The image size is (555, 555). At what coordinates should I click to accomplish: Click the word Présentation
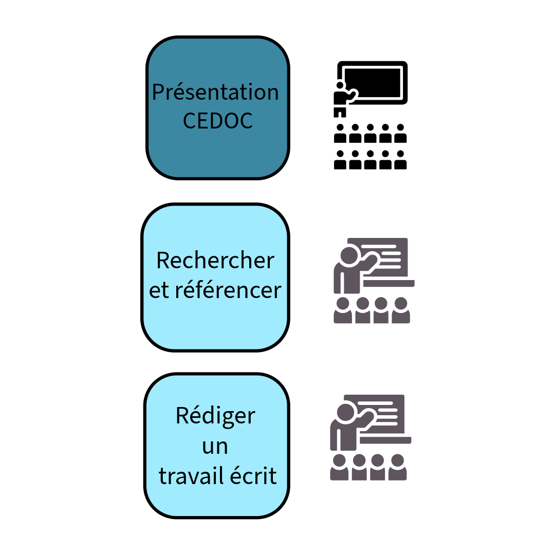215,92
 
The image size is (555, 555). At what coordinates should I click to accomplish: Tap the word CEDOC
218,121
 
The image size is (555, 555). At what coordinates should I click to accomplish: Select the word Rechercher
215,261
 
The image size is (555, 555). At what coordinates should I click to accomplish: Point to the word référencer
228,290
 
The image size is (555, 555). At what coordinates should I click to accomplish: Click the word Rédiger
215,416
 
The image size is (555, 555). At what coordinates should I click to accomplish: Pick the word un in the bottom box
215,447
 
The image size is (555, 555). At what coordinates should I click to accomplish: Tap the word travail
192,476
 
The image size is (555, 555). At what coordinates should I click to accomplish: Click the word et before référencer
159,291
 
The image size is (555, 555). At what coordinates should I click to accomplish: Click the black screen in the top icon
373,83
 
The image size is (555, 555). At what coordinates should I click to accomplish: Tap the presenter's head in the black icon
340,86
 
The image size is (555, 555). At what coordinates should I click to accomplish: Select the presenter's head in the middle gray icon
349,255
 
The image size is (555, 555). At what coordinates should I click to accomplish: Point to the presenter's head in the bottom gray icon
345,412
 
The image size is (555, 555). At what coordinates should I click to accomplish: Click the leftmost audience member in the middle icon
343,310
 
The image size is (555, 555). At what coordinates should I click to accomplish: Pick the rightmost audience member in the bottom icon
397,467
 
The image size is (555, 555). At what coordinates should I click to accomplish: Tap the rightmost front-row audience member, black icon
400,134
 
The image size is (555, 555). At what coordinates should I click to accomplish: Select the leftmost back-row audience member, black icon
340,160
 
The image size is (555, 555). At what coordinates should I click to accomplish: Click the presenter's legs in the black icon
340,113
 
